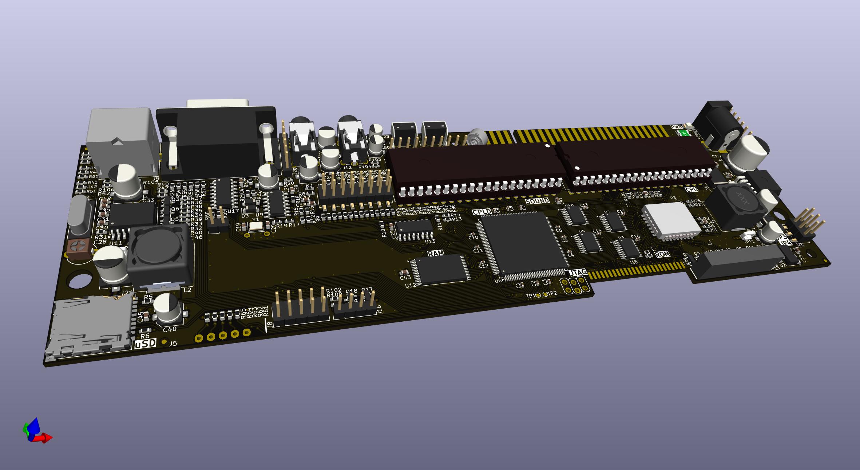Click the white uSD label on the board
(x=146, y=344)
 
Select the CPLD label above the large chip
(x=481, y=212)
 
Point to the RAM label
(x=435, y=254)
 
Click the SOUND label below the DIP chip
(x=537, y=201)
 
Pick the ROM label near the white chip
(x=662, y=254)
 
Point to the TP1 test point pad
(x=538, y=295)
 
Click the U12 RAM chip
(x=439, y=270)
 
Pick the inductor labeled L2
(x=159, y=255)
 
